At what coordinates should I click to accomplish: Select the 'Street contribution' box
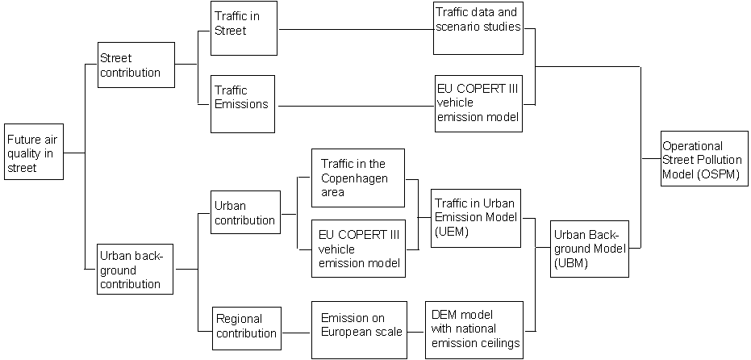coord(135,65)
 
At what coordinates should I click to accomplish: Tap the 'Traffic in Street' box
coord(244,28)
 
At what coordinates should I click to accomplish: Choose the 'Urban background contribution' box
coord(135,268)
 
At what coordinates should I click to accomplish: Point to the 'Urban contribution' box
coord(245,211)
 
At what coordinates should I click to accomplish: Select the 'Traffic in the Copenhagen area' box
coord(357,178)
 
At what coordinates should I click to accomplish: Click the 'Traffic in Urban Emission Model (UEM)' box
coord(476,218)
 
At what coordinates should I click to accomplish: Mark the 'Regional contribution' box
coord(247,326)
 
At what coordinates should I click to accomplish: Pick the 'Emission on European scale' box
coord(358,330)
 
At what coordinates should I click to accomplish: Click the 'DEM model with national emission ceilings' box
coord(476,330)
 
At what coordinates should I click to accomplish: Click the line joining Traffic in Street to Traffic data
coord(355,29)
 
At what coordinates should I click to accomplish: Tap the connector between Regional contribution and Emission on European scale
coord(297,331)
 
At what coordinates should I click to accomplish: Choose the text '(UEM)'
coord(451,231)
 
